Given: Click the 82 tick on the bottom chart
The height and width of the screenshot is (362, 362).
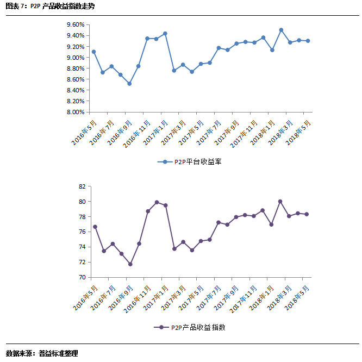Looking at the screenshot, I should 83,186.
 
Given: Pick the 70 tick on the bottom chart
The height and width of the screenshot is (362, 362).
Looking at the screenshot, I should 83,277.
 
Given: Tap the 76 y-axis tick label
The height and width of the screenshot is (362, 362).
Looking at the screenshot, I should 83,232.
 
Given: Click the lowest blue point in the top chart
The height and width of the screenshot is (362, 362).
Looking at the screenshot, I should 129,84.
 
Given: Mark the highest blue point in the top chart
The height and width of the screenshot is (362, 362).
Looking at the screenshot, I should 281,30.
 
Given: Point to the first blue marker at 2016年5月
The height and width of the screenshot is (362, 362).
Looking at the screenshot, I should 93,52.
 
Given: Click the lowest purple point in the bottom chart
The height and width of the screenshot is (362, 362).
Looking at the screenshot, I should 130,264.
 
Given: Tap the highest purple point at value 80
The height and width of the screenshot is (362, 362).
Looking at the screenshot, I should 280,201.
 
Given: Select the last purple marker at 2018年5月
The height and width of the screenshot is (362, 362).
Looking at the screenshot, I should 307,214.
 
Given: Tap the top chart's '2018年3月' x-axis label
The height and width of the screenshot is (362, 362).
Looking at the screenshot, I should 279,133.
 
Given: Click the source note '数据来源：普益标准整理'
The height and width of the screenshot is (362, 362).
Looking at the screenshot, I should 42,353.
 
